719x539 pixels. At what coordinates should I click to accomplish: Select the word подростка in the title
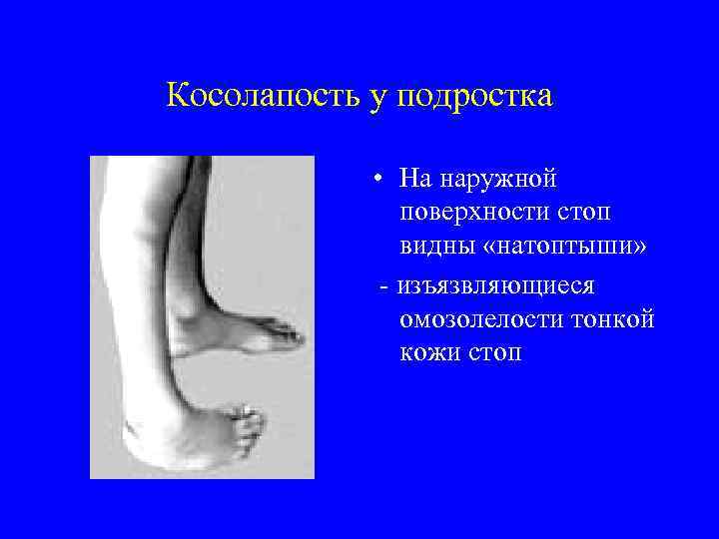(x=474, y=98)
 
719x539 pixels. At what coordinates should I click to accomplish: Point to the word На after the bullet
(x=412, y=179)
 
